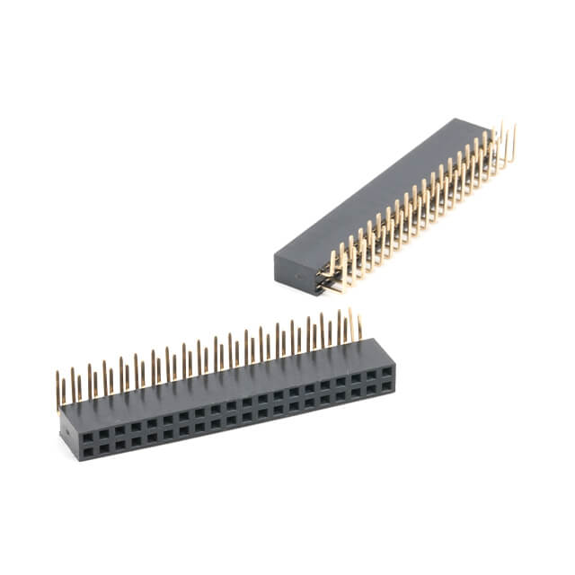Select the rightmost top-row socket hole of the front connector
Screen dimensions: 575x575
point(386,371)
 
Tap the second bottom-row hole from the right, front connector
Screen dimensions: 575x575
point(371,390)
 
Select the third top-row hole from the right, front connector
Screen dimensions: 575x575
point(355,377)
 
